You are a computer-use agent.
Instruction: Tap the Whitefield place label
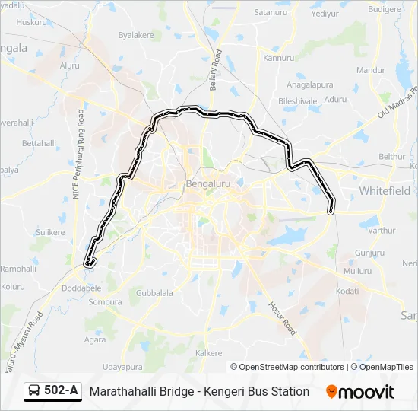(x=385, y=190)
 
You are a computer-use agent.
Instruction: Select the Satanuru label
(x=272, y=13)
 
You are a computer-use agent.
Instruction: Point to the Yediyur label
(x=325, y=14)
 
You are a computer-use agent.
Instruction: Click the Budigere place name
(x=384, y=9)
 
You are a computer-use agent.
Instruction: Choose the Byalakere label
(x=136, y=35)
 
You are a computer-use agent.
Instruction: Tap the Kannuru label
(x=278, y=58)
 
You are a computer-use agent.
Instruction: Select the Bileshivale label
(x=297, y=100)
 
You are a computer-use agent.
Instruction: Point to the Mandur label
(x=372, y=70)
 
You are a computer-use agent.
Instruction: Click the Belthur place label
(x=392, y=156)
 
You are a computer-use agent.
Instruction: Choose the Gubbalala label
(x=154, y=292)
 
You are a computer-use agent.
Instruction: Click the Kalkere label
(x=209, y=353)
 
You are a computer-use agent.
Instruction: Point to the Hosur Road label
(x=280, y=317)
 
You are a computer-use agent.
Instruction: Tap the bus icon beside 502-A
(x=35, y=391)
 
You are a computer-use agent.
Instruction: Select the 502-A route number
(x=61, y=391)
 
